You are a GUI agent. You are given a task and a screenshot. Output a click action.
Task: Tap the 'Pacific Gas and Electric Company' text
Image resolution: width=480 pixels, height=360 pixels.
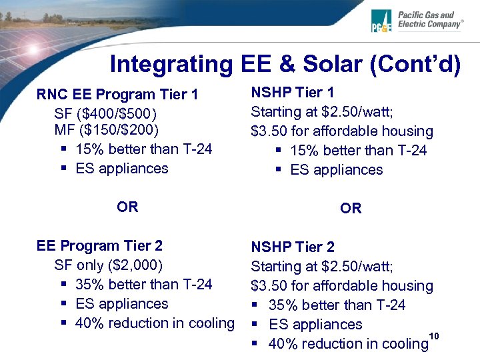[429, 19]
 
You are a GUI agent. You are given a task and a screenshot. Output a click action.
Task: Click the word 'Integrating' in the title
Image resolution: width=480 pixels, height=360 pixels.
[169, 64]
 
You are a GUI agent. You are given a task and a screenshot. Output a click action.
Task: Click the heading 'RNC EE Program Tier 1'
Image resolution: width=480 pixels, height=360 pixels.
[117, 95]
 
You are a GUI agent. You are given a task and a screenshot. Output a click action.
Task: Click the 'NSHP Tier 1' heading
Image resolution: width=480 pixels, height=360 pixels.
[292, 92]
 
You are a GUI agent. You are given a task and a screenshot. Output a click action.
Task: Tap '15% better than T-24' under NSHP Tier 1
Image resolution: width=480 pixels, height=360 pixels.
[358, 151]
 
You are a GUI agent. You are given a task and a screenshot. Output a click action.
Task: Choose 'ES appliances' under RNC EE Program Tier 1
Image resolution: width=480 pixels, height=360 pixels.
[122, 168]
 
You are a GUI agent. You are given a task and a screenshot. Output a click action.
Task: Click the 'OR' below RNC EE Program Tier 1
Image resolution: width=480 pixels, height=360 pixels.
[127, 207]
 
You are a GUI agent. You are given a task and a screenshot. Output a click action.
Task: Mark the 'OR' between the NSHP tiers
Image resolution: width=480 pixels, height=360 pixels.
[351, 209]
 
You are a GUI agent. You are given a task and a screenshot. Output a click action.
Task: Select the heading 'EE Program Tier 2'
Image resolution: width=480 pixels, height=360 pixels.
[99, 246]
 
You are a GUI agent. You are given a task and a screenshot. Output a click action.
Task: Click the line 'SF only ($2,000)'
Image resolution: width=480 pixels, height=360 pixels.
[109, 265]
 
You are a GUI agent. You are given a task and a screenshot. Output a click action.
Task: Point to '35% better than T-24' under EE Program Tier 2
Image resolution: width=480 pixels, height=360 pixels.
[144, 285]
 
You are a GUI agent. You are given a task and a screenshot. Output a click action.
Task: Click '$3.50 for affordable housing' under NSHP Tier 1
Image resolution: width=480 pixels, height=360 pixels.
[342, 131]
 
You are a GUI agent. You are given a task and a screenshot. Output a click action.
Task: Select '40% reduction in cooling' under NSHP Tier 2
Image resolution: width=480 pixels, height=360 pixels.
[347, 344]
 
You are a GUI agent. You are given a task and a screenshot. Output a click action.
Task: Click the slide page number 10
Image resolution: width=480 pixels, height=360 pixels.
[434, 335]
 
